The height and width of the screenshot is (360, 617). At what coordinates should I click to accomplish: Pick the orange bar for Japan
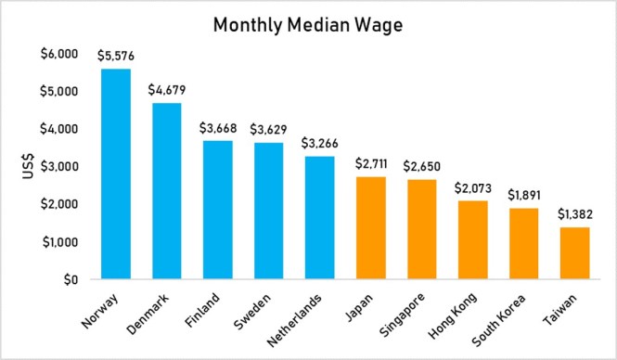(x=369, y=227)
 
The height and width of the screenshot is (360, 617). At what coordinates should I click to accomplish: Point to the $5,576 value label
(x=116, y=56)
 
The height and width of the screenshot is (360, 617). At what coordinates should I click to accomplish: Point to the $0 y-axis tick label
(x=71, y=279)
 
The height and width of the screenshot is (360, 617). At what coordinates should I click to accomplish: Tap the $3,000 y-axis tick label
(x=59, y=166)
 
